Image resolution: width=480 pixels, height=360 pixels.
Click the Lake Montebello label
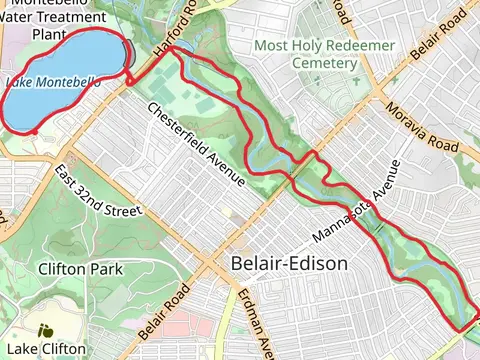(x=52, y=82)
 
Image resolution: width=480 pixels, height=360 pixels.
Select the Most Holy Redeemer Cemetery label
(x=305, y=54)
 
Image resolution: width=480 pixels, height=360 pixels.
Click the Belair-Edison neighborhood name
(x=288, y=264)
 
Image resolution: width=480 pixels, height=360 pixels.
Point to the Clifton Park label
(x=79, y=269)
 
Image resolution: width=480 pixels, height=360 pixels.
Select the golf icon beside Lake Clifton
(x=45, y=329)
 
